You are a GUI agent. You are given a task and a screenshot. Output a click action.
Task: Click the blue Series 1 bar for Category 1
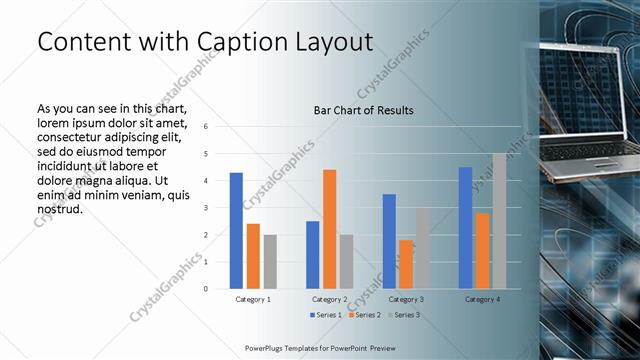(236, 231)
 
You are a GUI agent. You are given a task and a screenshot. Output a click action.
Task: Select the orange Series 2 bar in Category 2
(330, 229)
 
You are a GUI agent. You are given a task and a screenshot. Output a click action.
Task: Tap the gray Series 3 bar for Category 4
(499, 221)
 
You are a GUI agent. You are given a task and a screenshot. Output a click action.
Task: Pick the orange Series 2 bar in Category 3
(406, 264)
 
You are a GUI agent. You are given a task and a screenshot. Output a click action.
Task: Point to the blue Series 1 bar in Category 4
(465, 228)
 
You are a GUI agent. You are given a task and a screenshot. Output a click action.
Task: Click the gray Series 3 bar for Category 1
(270, 262)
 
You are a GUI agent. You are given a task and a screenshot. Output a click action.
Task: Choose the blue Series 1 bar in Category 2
(313, 255)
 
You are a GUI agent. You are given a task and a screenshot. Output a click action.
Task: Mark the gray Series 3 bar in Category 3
(423, 248)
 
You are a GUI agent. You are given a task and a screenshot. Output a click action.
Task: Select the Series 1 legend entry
(328, 315)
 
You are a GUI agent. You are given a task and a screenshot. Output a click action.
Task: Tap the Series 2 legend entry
(366, 315)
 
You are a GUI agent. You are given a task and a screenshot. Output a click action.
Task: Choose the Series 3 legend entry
(404, 315)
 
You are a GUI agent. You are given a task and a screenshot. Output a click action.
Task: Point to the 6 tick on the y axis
(204, 127)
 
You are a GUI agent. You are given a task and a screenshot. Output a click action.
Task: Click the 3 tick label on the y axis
(204, 208)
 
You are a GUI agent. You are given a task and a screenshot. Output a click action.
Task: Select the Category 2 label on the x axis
(330, 299)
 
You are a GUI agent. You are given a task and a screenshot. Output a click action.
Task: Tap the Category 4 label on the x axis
(482, 299)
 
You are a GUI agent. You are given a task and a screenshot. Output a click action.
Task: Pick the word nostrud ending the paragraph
(59, 210)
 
